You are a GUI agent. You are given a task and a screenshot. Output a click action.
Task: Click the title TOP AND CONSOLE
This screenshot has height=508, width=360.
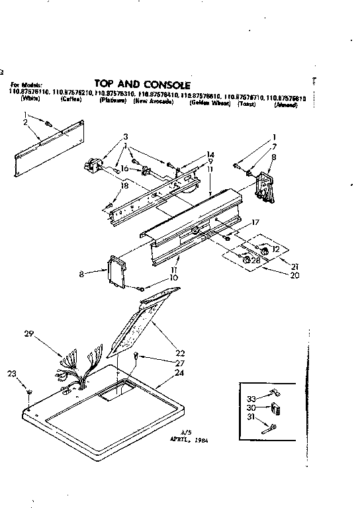click(x=142, y=84)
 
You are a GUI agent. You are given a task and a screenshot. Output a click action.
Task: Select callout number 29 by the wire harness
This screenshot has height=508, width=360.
click(x=28, y=335)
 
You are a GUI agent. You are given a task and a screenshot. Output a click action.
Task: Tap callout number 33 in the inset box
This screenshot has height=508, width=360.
click(x=251, y=398)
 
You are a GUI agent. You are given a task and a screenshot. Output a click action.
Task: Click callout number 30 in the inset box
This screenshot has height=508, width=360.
click(x=251, y=407)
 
